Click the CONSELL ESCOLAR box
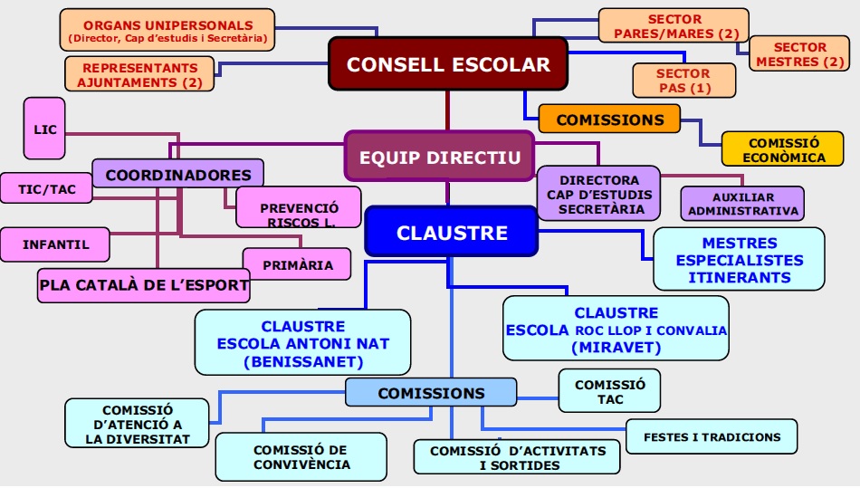click(448, 64)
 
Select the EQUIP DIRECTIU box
click(439, 157)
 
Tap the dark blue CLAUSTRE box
click(452, 233)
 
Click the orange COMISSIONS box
click(609, 119)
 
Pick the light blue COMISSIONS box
click(431, 393)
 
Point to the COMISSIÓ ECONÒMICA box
click(784, 150)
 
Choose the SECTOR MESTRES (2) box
click(799, 54)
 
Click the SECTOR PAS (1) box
click(683, 81)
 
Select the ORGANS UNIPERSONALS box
click(167, 30)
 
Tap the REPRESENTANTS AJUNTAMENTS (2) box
click(139, 74)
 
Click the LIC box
click(44, 129)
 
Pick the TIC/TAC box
click(47, 188)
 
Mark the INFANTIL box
click(56, 244)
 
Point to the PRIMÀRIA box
click(298, 265)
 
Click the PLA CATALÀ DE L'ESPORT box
click(144, 285)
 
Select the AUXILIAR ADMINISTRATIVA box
click(742, 204)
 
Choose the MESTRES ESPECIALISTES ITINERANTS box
click(739, 260)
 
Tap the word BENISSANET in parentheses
click(302, 361)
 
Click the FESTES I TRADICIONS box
click(712, 436)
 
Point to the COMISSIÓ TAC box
click(609, 391)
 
